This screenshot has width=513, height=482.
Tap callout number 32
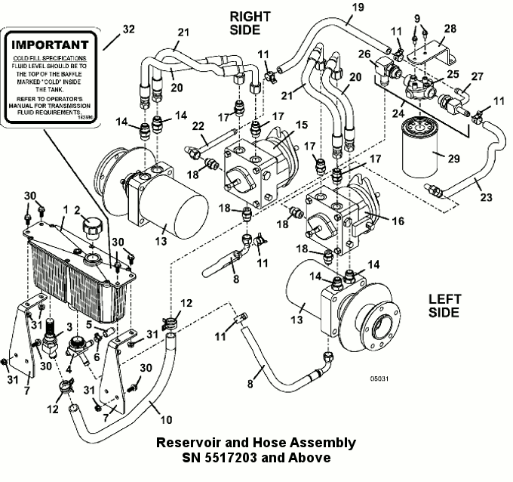pos(128,31)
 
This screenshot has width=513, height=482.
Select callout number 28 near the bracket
pos(450,28)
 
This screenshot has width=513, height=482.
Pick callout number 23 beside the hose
pos(486,197)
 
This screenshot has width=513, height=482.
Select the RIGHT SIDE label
pos(244,23)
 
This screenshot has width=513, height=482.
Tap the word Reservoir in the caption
pos(186,443)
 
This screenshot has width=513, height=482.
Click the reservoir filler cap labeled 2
pos(94,225)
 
